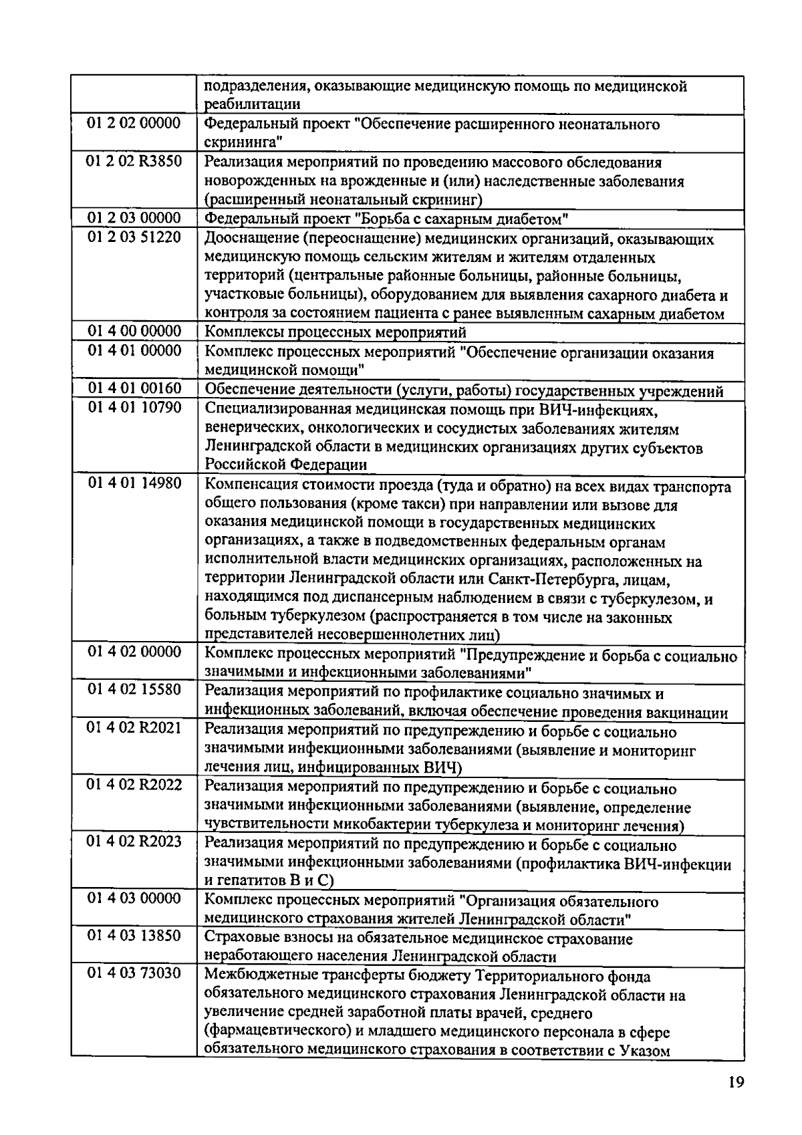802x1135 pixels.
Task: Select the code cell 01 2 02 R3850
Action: [134, 161]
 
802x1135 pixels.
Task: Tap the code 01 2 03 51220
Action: [134, 237]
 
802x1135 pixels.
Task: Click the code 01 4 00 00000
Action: [134, 332]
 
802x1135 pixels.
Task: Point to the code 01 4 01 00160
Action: [134, 388]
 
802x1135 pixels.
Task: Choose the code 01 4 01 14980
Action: [134, 483]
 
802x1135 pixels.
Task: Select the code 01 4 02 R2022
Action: [134, 785]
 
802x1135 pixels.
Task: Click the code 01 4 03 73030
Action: [134, 973]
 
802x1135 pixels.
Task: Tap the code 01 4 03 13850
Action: [134, 936]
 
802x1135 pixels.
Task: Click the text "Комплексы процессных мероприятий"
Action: [335, 332]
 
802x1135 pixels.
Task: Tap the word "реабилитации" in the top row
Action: [251, 104]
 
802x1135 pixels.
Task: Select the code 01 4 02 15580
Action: [134, 689]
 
